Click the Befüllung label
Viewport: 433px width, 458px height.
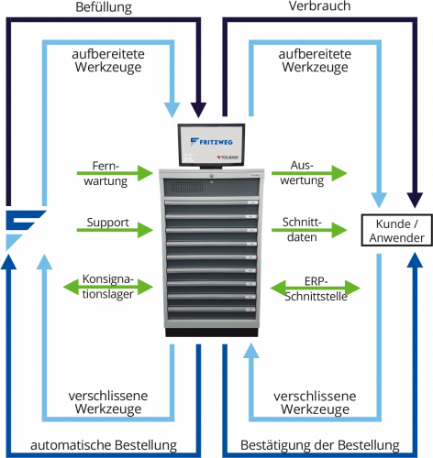point(104,7)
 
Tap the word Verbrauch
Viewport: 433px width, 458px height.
point(319,6)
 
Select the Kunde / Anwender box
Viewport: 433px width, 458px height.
point(397,230)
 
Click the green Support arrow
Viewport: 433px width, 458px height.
point(115,230)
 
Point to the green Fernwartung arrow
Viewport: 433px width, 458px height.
point(115,173)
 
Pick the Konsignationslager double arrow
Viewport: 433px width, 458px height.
point(108,287)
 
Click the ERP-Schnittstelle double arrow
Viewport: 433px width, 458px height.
point(316,289)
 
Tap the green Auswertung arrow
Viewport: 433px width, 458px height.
point(309,173)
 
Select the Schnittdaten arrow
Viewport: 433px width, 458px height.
point(309,230)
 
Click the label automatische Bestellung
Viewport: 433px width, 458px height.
point(104,445)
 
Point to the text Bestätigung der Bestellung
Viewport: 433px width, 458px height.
point(320,445)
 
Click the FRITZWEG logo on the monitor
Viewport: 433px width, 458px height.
point(211,142)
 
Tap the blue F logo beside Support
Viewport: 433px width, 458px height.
point(26,230)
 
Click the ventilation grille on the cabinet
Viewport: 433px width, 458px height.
point(187,187)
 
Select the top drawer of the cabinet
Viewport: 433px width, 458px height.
point(212,207)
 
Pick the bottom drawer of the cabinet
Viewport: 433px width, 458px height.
point(211,314)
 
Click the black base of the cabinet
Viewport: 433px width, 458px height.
point(212,333)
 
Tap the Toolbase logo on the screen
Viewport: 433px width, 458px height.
point(228,158)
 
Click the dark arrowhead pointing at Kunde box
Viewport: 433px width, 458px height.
point(415,201)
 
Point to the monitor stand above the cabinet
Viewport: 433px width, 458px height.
point(211,167)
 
